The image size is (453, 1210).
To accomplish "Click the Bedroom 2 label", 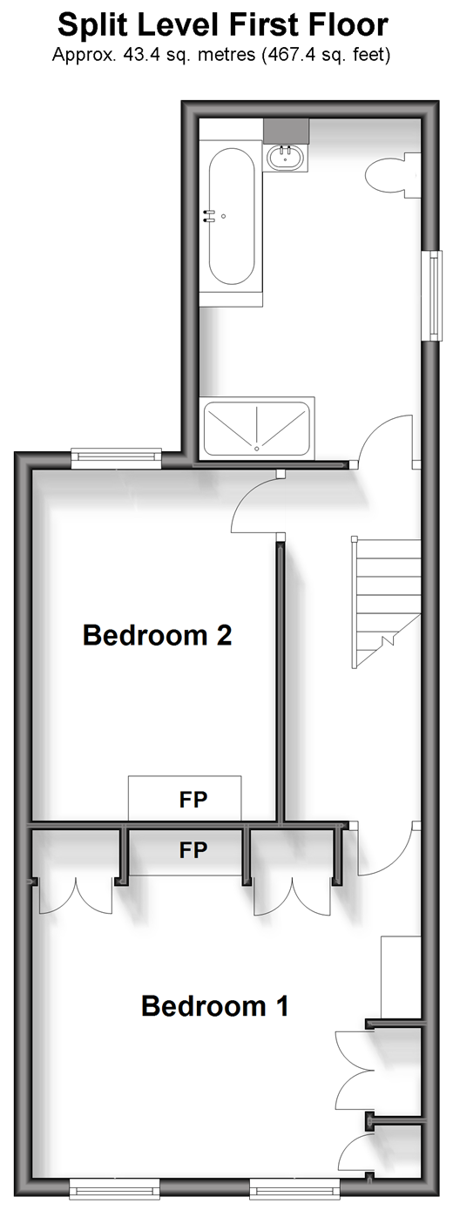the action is [157, 635].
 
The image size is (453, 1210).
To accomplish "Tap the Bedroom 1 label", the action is [215, 1006].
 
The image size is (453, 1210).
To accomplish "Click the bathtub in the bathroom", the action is [231, 216].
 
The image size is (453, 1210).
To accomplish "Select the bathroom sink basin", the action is [286, 158].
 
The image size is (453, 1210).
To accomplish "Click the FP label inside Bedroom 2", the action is [193, 800].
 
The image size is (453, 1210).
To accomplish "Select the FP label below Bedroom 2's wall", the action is [193, 851].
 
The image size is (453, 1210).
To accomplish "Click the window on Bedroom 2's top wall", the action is [117, 457].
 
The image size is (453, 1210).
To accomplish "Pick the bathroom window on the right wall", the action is [433, 295].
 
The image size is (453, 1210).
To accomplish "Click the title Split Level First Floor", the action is [222, 25].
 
